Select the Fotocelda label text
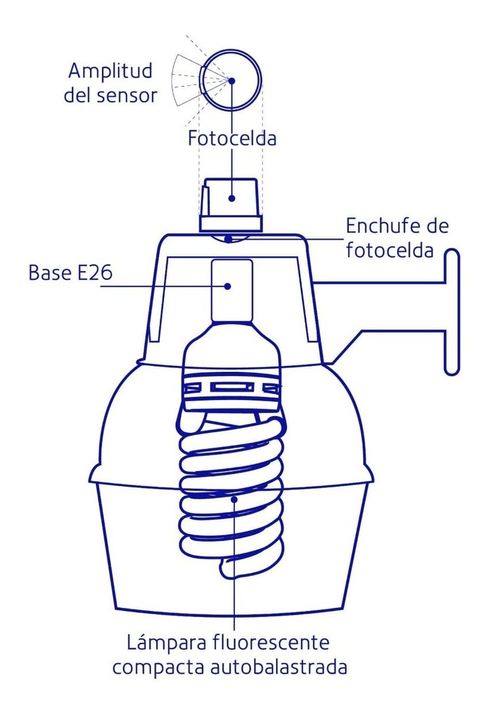click(232, 139)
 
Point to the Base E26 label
click(70, 273)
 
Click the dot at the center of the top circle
click(232, 81)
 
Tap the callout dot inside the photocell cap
click(232, 198)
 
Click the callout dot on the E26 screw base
click(227, 286)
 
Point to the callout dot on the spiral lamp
click(234, 499)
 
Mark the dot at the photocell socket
click(228, 239)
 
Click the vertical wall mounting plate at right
click(452, 312)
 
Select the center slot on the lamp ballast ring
click(231, 387)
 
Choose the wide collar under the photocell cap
click(231, 223)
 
